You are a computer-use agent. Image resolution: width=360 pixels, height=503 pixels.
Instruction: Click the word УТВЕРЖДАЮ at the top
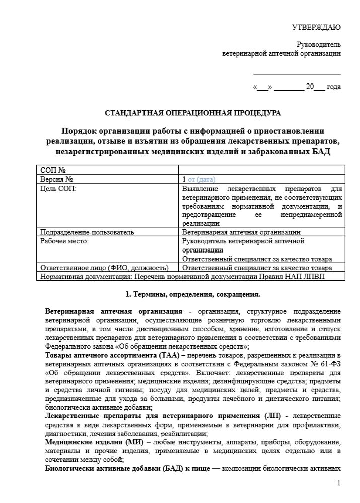click(316, 26)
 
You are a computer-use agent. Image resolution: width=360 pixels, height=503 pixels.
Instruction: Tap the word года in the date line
click(333, 87)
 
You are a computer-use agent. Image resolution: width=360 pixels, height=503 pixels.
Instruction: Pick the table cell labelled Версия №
click(57, 179)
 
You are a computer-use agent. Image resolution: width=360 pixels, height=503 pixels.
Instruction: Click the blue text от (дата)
click(201, 179)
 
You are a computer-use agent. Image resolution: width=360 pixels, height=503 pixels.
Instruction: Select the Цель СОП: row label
click(58, 188)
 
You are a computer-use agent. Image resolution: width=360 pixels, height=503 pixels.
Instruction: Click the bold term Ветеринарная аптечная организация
click(113, 311)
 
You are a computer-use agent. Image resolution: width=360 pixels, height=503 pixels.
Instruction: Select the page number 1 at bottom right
click(339, 483)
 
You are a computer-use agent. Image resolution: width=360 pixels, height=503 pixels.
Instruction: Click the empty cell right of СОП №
click(261, 170)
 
